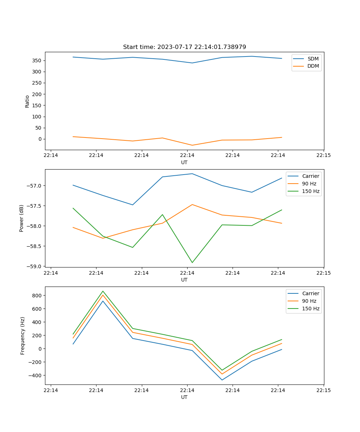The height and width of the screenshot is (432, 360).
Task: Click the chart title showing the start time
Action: [184, 47]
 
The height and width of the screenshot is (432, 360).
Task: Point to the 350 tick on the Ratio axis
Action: [37, 60]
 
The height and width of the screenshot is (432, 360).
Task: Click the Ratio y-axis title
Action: [27, 101]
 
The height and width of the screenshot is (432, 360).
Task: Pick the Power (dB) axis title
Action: [22, 218]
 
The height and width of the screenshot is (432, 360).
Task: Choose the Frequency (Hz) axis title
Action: [23, 336]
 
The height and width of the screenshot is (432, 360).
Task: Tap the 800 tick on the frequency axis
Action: [37, 296]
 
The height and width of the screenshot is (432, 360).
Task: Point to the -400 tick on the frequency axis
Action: [35, 375]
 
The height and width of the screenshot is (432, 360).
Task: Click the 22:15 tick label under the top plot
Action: [324, 156]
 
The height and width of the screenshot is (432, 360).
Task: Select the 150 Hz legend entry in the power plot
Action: [310, 192]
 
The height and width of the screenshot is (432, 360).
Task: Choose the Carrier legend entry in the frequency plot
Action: [310, 293]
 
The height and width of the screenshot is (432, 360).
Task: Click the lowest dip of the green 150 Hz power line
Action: [192, 262]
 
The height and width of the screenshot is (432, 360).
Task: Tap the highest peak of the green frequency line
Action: [103, 291]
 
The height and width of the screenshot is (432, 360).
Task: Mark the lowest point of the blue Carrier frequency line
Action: [222, 380]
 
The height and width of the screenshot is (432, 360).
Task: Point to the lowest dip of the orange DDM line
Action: [192, 145]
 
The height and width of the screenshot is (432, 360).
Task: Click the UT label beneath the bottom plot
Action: [184, 397]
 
